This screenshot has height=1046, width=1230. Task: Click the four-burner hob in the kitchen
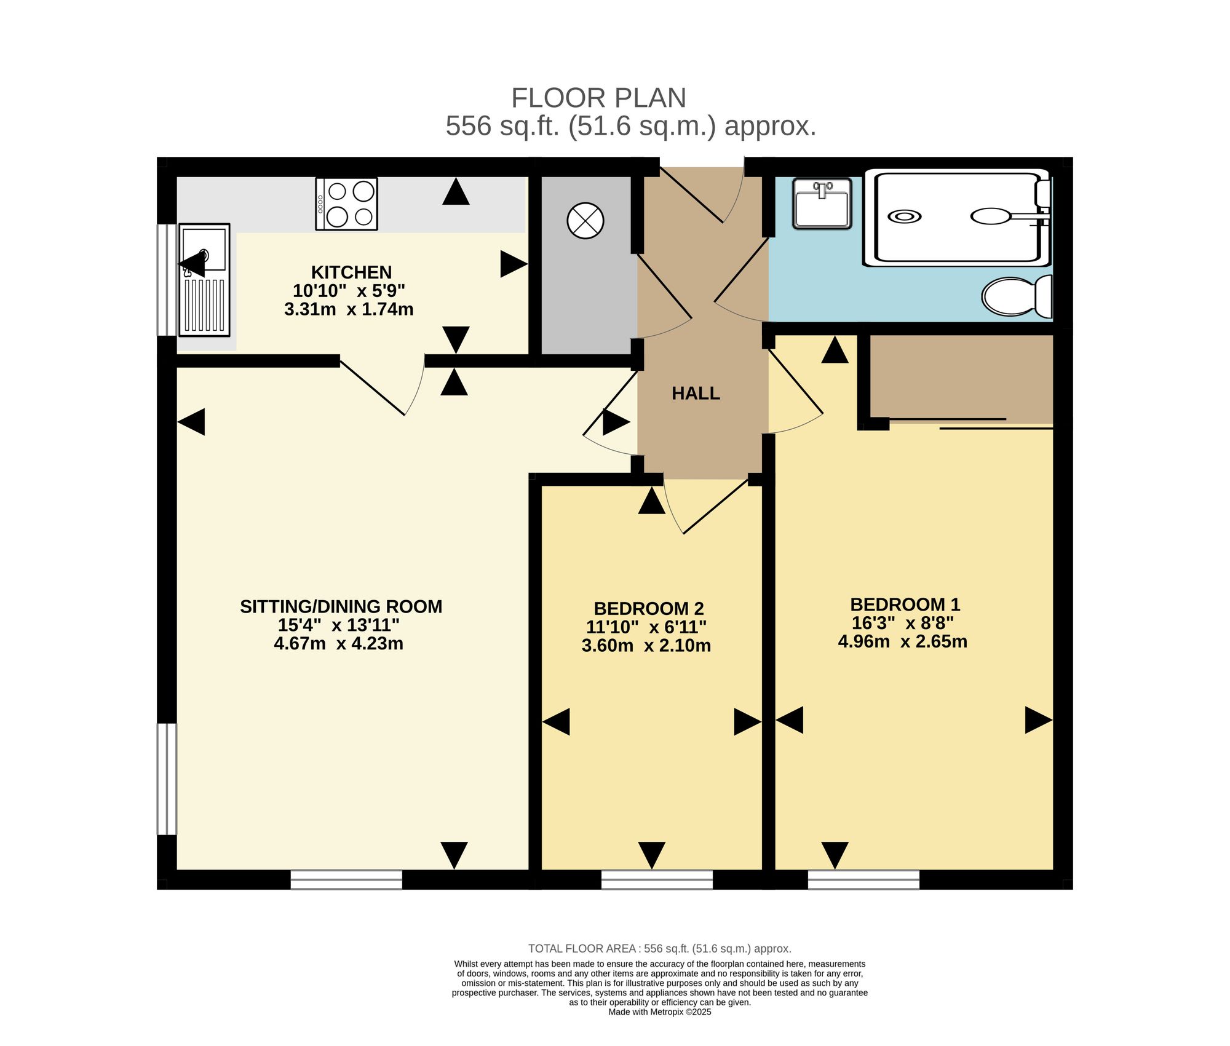pos(346,204)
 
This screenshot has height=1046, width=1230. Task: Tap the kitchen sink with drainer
pos(204,280)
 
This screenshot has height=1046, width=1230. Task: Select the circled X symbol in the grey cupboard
pos(585,221)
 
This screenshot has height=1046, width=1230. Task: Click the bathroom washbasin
pos(822,204)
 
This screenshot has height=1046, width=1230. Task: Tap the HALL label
pos(696,394)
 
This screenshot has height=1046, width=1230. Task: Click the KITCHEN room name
pos(351,272)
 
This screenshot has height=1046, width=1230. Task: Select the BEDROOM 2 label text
pos(649,609)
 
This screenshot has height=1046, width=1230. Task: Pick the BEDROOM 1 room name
pos(905,604)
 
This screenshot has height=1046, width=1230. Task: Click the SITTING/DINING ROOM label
pos(341,606)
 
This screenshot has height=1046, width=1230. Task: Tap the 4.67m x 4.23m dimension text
pos(339,644)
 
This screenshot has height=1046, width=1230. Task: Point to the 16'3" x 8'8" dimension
pos(903,623)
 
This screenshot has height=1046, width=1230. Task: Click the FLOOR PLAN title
pos(598,98)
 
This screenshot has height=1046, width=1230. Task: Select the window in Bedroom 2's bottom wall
pos(657,880)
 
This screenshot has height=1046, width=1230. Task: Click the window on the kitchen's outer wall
pos(167,280)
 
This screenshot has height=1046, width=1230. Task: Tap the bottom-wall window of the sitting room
pos(346,880)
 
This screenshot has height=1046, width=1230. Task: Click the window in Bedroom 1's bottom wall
pos(863,880)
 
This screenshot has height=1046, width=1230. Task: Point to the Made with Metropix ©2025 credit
pos(660,1012)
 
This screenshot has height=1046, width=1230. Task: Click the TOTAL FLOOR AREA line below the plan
pos(660,949)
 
